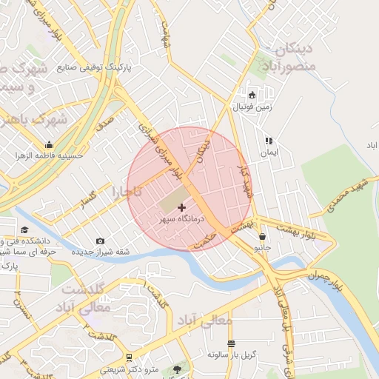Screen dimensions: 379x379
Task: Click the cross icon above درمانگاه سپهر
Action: pos(182,207)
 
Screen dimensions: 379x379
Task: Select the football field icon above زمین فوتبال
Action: pos(252,95)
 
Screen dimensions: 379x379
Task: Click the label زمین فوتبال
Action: pos(253,107)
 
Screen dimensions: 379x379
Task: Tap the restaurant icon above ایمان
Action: pos(269,140)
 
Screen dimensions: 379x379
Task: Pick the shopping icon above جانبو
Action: pos(263,237)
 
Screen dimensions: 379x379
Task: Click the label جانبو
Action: pos(263,249)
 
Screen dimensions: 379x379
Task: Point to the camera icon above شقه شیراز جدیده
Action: pos(101,241)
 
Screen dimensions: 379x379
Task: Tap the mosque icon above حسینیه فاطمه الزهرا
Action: pos(49,144)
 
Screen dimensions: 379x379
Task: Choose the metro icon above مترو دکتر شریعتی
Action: pos(130,357)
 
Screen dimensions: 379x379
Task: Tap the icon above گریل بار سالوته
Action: pos(232,343)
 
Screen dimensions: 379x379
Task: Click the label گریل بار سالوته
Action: pos(232,355)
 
